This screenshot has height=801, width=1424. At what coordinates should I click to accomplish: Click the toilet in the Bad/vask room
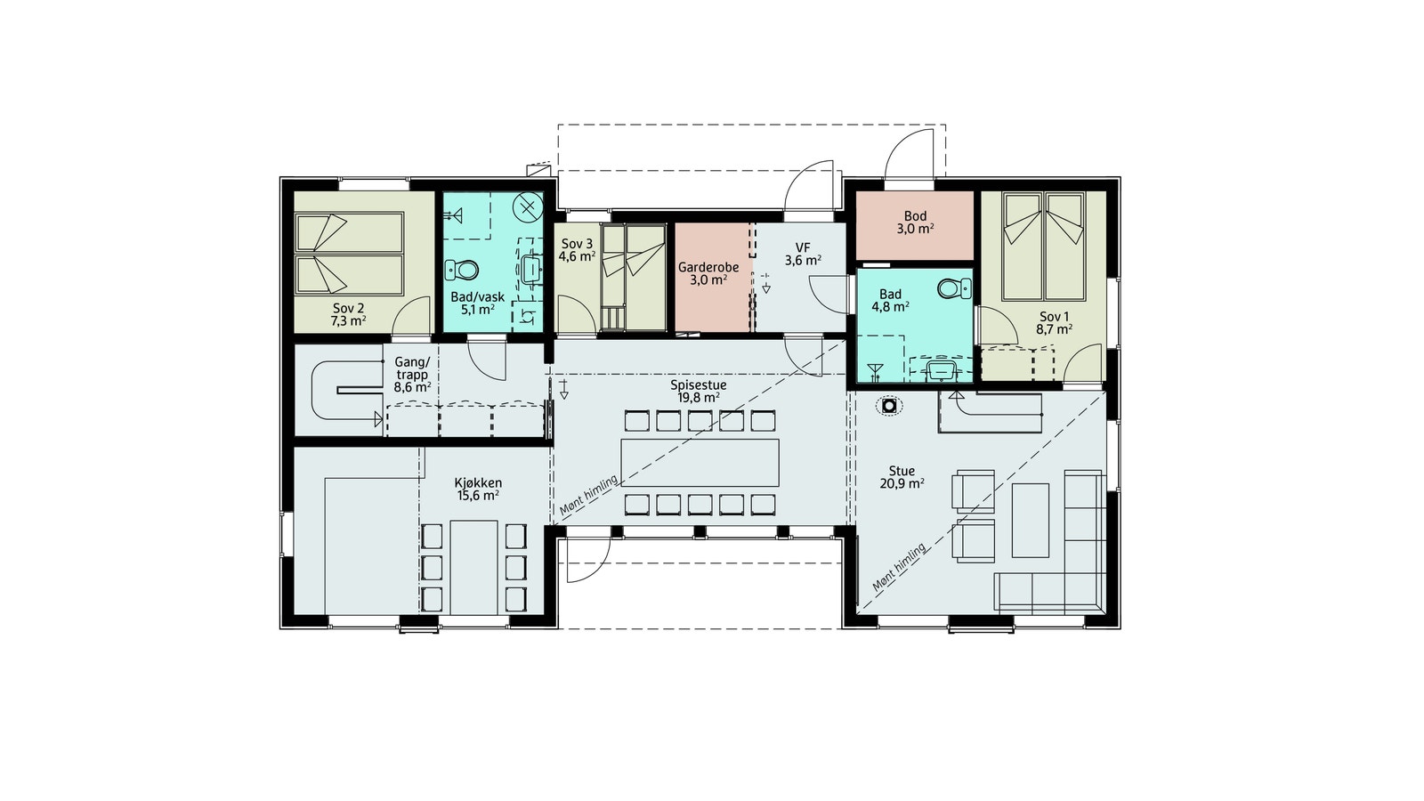click(x=462, y=269)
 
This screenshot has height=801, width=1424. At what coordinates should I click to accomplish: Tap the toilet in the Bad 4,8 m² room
click(x=954, y=288)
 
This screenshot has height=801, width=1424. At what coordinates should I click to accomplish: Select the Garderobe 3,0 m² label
click(x=708, y=273)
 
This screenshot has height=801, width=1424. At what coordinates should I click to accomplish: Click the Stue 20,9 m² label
click(x=901, y=477)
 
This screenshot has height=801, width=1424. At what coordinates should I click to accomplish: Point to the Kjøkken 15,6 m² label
click(x=478, y=489)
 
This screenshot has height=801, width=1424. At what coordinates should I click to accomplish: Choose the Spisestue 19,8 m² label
click(x=699, y=392)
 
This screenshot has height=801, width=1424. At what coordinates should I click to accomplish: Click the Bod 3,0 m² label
click(x=915, y=222)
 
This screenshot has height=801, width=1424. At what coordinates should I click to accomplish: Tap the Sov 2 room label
click(x=348, y=314)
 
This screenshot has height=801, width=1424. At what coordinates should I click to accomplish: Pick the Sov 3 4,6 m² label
click(x=577, y=250)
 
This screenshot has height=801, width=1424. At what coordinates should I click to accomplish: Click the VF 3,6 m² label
click(x=803, y=254)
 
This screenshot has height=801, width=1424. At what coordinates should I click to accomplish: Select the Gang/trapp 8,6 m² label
click(x=412, y=375)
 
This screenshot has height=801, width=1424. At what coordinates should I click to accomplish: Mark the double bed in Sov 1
click(x=1043, y=247)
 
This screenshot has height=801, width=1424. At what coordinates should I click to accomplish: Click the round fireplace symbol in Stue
click(x=888, y=406)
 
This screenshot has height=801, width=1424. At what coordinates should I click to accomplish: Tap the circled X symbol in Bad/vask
click(x=528, y=207)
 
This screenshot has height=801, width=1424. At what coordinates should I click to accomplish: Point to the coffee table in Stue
click(x=1031, y=520)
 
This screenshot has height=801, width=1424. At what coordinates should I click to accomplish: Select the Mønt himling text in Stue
click(x=900, y=567)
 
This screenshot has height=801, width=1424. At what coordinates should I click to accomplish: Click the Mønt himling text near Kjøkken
click(x=588, y=495)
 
